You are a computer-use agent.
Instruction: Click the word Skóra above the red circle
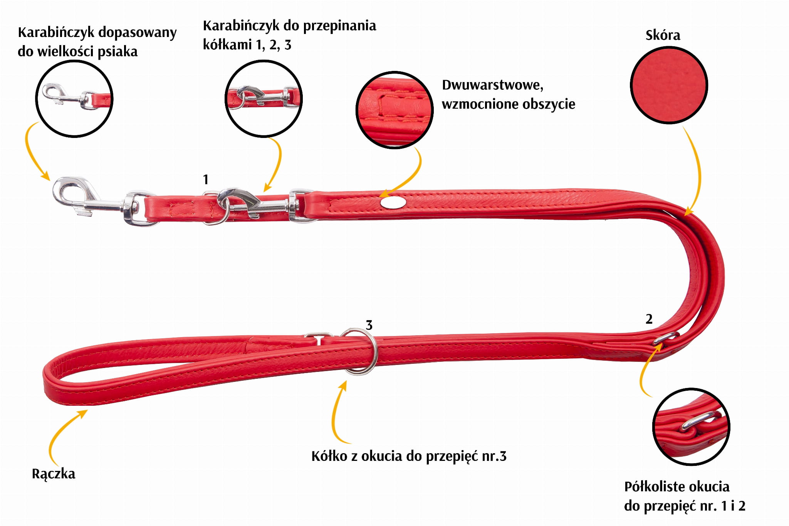(663, 35)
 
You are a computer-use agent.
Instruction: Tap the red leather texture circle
(669, 85)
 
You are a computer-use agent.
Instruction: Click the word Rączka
(54, 474)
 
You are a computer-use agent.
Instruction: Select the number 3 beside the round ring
(369, 325)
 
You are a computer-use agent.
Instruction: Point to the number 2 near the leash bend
(649, 319)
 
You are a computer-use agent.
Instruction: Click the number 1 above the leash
(206, 179)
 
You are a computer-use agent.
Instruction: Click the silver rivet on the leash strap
(389, 202)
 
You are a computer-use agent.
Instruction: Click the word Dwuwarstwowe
(492, 85)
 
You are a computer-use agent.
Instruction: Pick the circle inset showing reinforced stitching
(394, 110)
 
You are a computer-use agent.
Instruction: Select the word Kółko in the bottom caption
(329, 456)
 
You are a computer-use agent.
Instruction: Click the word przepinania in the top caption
(339, 26)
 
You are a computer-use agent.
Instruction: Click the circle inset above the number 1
(264, 98)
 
